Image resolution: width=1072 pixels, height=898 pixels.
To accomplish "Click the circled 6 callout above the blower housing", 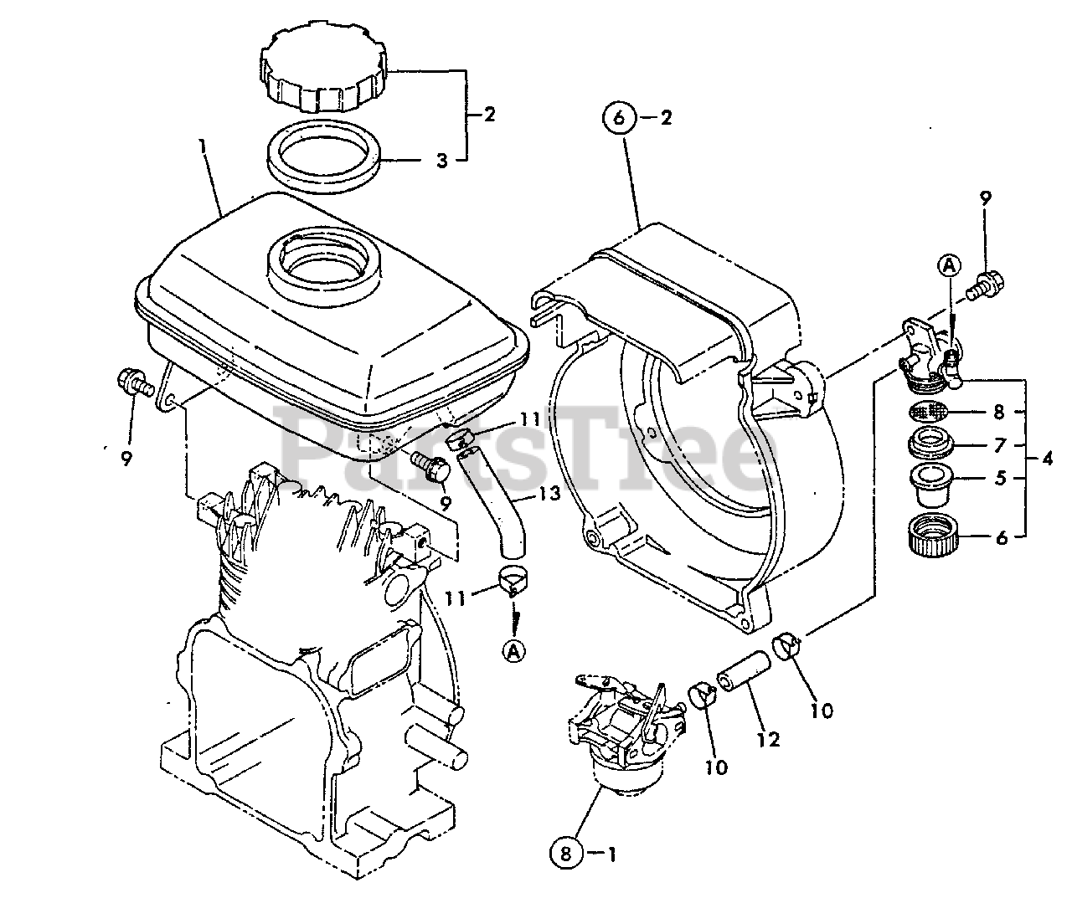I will coord(619,118).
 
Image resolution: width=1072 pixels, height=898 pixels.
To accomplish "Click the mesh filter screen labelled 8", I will coord(930,411).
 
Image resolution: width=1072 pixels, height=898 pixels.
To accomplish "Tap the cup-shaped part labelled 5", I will coord(930,486).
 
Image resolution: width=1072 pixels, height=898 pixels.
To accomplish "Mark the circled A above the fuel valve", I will coord(949,265).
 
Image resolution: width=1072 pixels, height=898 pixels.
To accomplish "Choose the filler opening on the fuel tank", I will coord(322,257).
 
